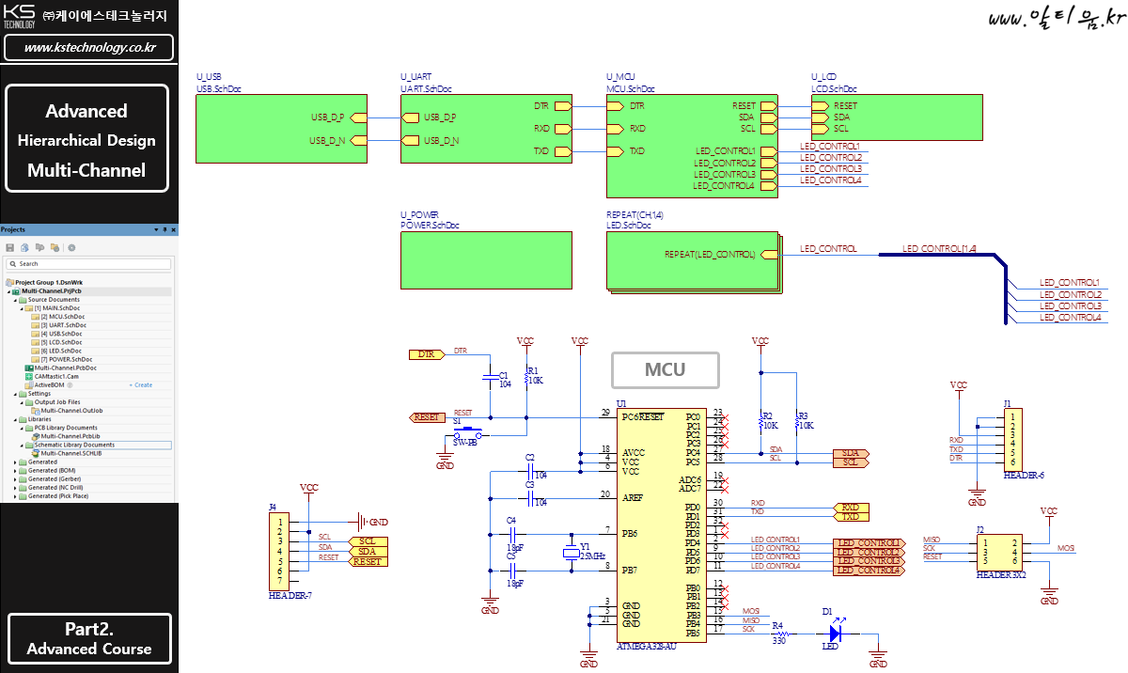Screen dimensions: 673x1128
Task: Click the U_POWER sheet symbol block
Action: coord(485,259)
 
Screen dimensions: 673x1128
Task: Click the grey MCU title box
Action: coord(665,369)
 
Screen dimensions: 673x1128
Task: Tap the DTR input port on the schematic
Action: coord(426,354)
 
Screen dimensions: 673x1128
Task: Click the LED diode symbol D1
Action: coord(834,634)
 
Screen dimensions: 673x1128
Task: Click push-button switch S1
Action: coord(466,434)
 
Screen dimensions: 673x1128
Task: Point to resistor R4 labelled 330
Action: coord(778,634)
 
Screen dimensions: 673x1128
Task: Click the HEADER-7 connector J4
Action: coord(279,548)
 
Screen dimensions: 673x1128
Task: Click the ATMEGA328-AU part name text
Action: coord(646,648)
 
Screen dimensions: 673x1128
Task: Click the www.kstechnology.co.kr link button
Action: coord(89,47)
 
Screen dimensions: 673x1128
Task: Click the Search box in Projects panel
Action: coord(89,264)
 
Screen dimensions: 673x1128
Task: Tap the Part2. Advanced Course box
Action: coord(89,639)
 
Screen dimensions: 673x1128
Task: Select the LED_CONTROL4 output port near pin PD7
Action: coord(868,571)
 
